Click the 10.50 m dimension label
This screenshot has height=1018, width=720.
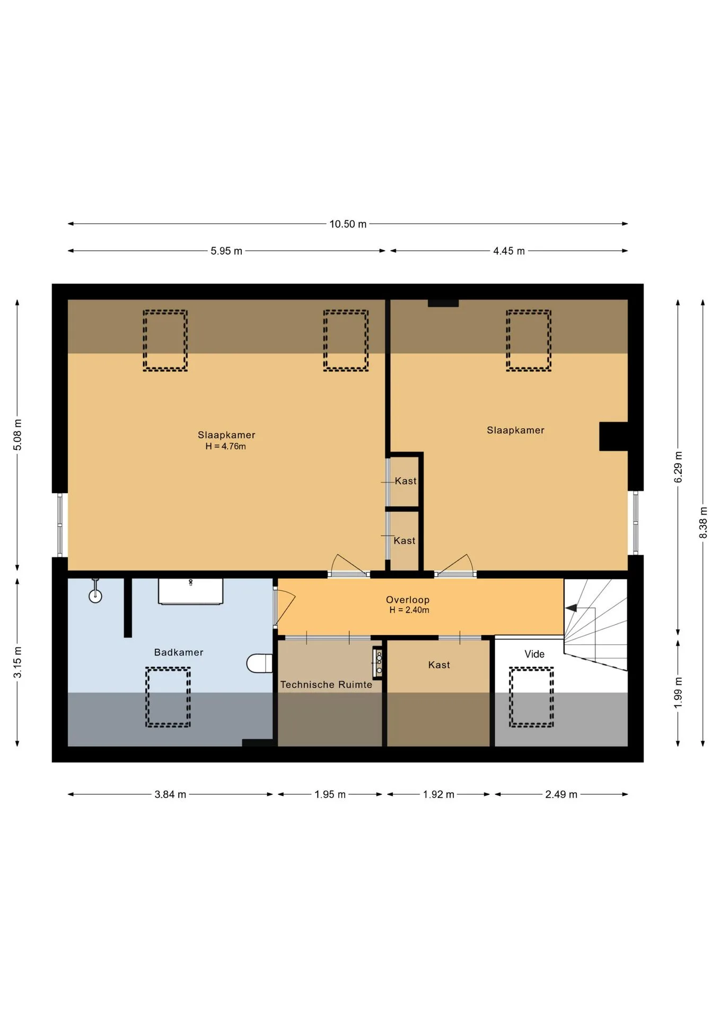(348, 224)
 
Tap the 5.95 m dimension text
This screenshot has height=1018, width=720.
(226, 251)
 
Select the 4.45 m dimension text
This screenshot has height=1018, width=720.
(509, 251)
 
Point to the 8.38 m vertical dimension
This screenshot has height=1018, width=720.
(703, 522)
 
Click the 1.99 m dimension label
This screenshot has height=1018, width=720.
(678, 692)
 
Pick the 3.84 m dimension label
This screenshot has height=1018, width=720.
(170, 794)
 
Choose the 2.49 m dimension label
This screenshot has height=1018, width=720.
(561, 794)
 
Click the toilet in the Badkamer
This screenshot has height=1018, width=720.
(260, 663)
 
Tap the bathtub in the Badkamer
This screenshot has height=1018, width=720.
(190, 591)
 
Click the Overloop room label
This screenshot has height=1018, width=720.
(408, 600)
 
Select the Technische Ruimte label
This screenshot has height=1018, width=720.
(326, 684)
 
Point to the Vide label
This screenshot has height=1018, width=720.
(534, 654)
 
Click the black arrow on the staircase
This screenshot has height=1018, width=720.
(572, 608)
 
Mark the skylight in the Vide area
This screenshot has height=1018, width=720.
(531, 697)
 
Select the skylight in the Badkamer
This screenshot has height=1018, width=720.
(168, 697)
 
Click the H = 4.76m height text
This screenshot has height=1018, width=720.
(226, 446)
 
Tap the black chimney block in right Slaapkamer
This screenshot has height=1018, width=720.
(613, 436)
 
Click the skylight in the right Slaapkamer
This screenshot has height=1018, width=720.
(529, 340)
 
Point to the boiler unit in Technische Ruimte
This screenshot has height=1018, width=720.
(378, 662)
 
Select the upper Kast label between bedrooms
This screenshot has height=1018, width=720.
(406, 481)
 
